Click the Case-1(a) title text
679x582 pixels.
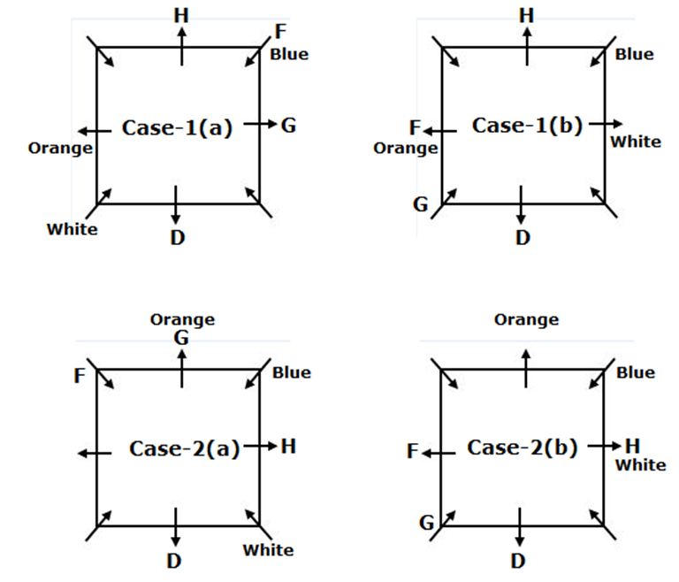[x=177, y=127]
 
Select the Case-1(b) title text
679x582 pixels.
[x=527, y=125]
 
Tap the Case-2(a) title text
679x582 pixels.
[x=184, y=448]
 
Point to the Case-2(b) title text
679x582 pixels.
[x=522, y=448]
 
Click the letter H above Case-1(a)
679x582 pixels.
[x=181, y=15]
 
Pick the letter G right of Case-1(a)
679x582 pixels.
[x=288, y=125]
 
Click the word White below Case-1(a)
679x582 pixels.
[x=72, y=229]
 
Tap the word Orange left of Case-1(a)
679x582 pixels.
[x=60, y=148]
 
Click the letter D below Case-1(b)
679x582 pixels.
[x=523, y=237]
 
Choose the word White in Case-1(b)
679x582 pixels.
[x=636, y=142]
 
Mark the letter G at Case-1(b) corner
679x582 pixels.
[x=420, y=205]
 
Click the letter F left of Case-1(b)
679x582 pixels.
[x=415, y=129]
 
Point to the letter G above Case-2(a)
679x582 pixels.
[x=181, y=337]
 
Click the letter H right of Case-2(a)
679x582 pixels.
[x=287, y=447]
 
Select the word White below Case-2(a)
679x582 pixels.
[x=268, y=550]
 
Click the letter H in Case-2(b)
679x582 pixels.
[x=632, y=446]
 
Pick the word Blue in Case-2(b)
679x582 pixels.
[x=636, y=372]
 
